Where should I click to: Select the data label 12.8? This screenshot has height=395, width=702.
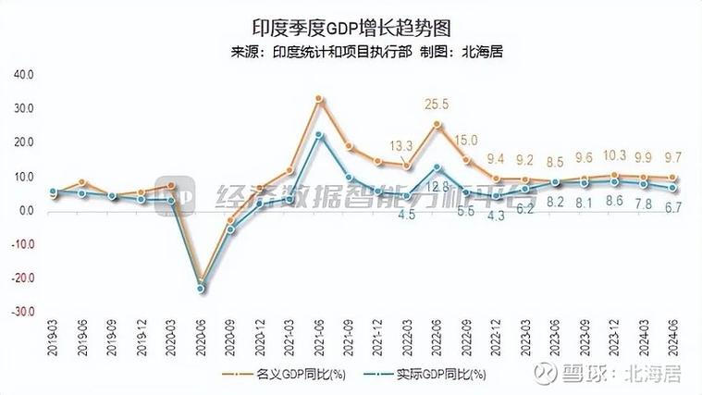coord(437,188)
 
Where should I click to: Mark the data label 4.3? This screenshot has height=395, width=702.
coord(496,216)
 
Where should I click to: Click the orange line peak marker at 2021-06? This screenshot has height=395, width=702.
coord(318,98)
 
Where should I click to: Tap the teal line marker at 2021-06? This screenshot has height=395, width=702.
coord(318,135)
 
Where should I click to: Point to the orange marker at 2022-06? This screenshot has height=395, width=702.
coord(437,124)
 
